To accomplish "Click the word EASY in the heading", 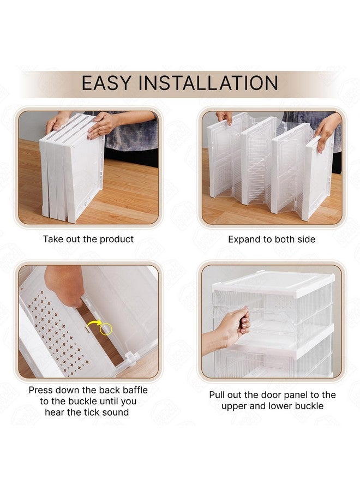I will pos(106,83).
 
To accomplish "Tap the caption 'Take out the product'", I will pos(88,239).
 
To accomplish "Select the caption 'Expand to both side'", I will pos(272,239).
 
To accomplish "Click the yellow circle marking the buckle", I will pos(106,328).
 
